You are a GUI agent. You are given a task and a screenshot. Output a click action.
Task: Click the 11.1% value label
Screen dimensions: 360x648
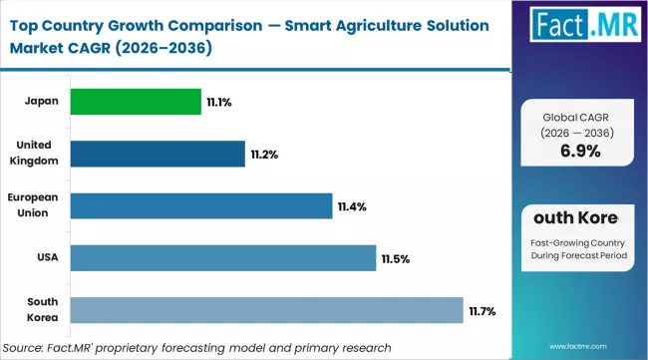[219, 102]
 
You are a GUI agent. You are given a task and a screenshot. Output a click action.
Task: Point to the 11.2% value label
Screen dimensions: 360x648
[263, 155]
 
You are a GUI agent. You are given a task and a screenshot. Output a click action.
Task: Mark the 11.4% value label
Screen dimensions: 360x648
[352, 206]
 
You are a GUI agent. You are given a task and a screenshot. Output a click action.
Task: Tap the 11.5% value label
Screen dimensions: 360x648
[395, 259]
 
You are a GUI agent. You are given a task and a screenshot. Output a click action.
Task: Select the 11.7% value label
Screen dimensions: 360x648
[482, 312]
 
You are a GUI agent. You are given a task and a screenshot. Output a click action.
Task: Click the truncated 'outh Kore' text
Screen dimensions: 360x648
[578, 217]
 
